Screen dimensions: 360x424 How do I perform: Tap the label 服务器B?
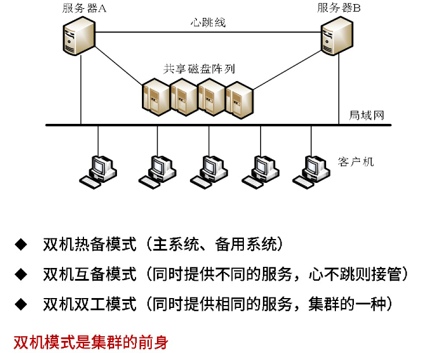[339, 8]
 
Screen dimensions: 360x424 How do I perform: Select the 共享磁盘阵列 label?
[199, 68]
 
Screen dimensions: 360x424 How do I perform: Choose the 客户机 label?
[356, 161]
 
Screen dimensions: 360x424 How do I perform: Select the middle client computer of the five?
[208, 171]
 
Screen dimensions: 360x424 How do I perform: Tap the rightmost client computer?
[310, 171]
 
